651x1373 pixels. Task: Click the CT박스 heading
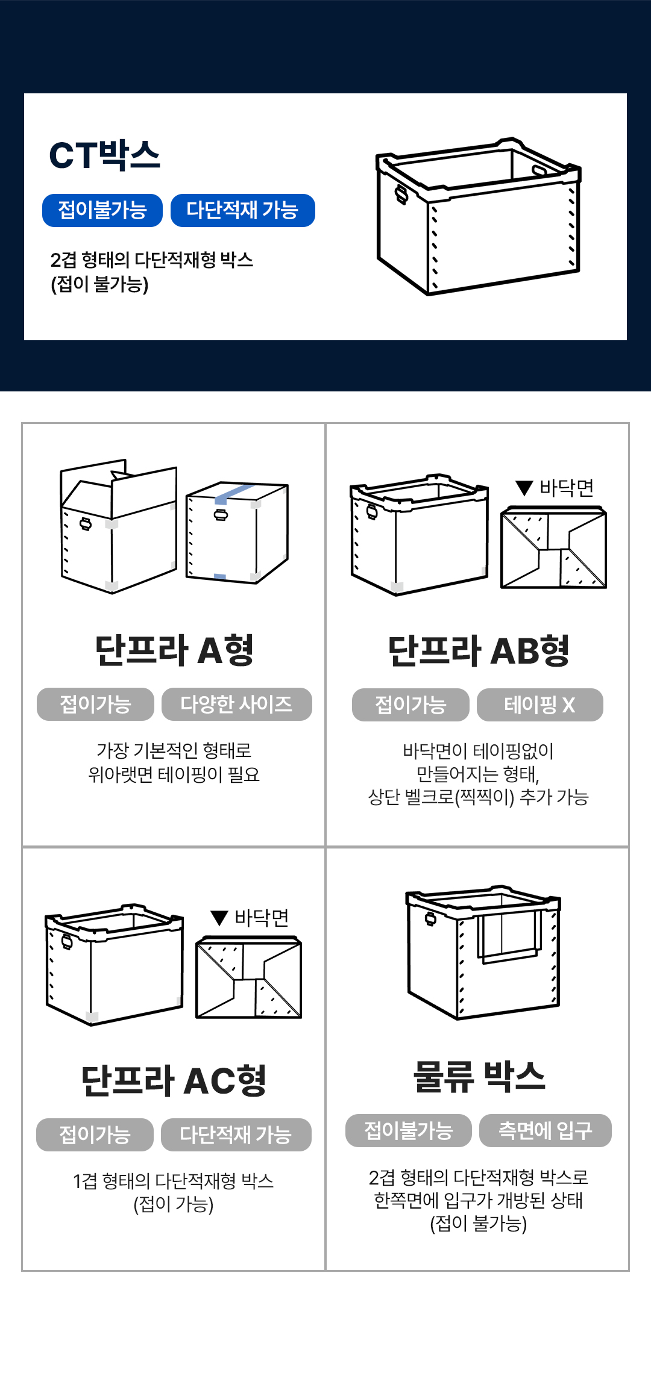104,155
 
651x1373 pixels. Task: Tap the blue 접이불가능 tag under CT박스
102,210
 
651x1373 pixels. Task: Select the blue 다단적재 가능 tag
243,210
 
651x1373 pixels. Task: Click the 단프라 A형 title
174,650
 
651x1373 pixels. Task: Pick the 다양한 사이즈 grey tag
237,704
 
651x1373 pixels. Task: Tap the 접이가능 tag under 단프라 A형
95,704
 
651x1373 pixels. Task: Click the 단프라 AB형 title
478,651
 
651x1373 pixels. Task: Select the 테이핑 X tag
540,705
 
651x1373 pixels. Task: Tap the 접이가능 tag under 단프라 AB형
410,705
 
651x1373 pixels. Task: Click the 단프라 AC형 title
174,1080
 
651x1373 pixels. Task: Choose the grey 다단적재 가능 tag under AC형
236,1135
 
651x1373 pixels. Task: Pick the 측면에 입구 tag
546,1131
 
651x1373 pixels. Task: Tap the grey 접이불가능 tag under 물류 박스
409,1131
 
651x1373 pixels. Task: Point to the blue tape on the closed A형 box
234,493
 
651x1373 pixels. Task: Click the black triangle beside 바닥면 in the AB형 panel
524,488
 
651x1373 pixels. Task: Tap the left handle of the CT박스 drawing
401,195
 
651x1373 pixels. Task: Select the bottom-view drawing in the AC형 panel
249,977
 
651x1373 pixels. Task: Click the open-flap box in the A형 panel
119,526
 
